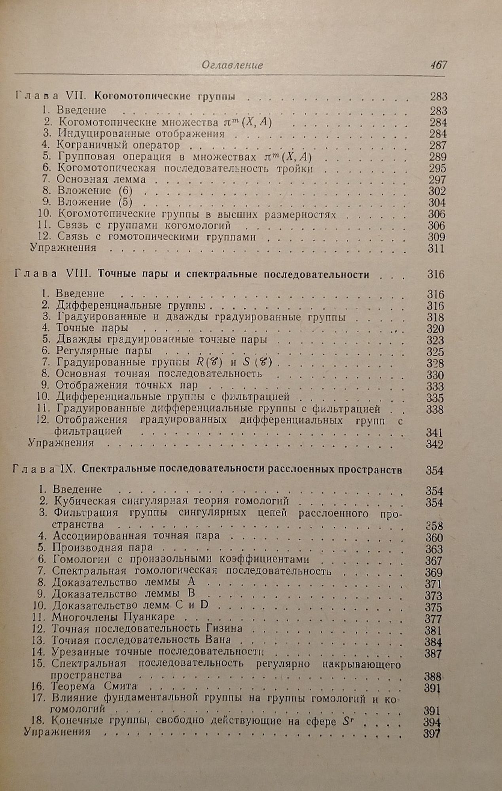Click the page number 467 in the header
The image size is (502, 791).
pos(438,65)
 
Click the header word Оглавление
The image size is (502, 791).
pos(232,65)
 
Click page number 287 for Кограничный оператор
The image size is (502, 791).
pos(438,145)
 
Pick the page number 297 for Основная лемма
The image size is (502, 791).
pos(438,180)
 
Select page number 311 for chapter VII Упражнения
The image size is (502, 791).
pos(436,248)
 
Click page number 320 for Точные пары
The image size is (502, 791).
pos(435,329)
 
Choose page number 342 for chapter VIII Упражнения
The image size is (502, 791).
pos(434,444)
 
